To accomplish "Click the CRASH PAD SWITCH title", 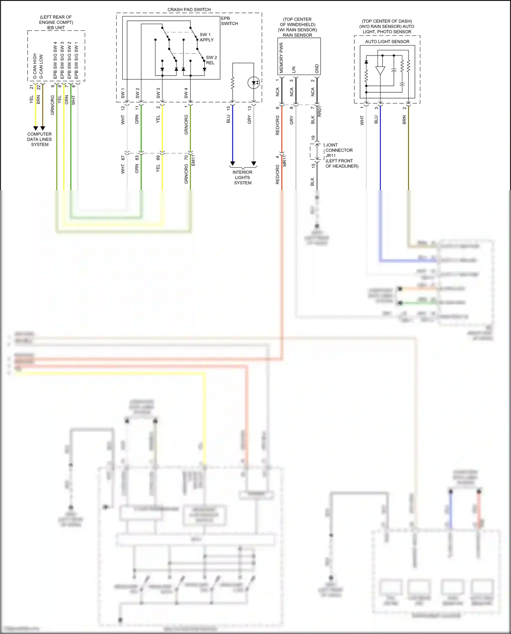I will click(x=189, y=10).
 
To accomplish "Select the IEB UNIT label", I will click(x=56, y=28).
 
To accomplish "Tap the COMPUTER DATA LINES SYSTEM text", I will click(x=40, y=139).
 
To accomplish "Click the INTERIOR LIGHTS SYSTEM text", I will click(x=243, y=177).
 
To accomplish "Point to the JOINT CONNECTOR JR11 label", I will click(x=339, y=150).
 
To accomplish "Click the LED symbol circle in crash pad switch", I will click(x=254, y=82).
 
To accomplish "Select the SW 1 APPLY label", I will click(x=206, y=37).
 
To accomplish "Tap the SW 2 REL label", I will click(x=211, y=60).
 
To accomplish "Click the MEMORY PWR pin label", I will click(x=281, y=58).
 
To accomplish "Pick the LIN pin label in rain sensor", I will click(x=294, y=70).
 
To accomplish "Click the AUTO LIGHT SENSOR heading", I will click(x=387, y=42).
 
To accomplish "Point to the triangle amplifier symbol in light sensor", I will click(x=380, y=71).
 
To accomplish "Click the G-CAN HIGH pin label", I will click(x=35, y=66).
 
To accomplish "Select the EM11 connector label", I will click(x=193, y=160).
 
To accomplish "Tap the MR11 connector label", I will click(x=285, y=160).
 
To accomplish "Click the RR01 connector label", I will click(x=320, y=111).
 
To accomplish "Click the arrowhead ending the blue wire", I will click(x=233, y=164).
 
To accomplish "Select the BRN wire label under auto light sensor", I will click(x=404, y=120).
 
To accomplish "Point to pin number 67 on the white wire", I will click(x=123, y=158).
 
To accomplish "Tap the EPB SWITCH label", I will click(x=229, y=21).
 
